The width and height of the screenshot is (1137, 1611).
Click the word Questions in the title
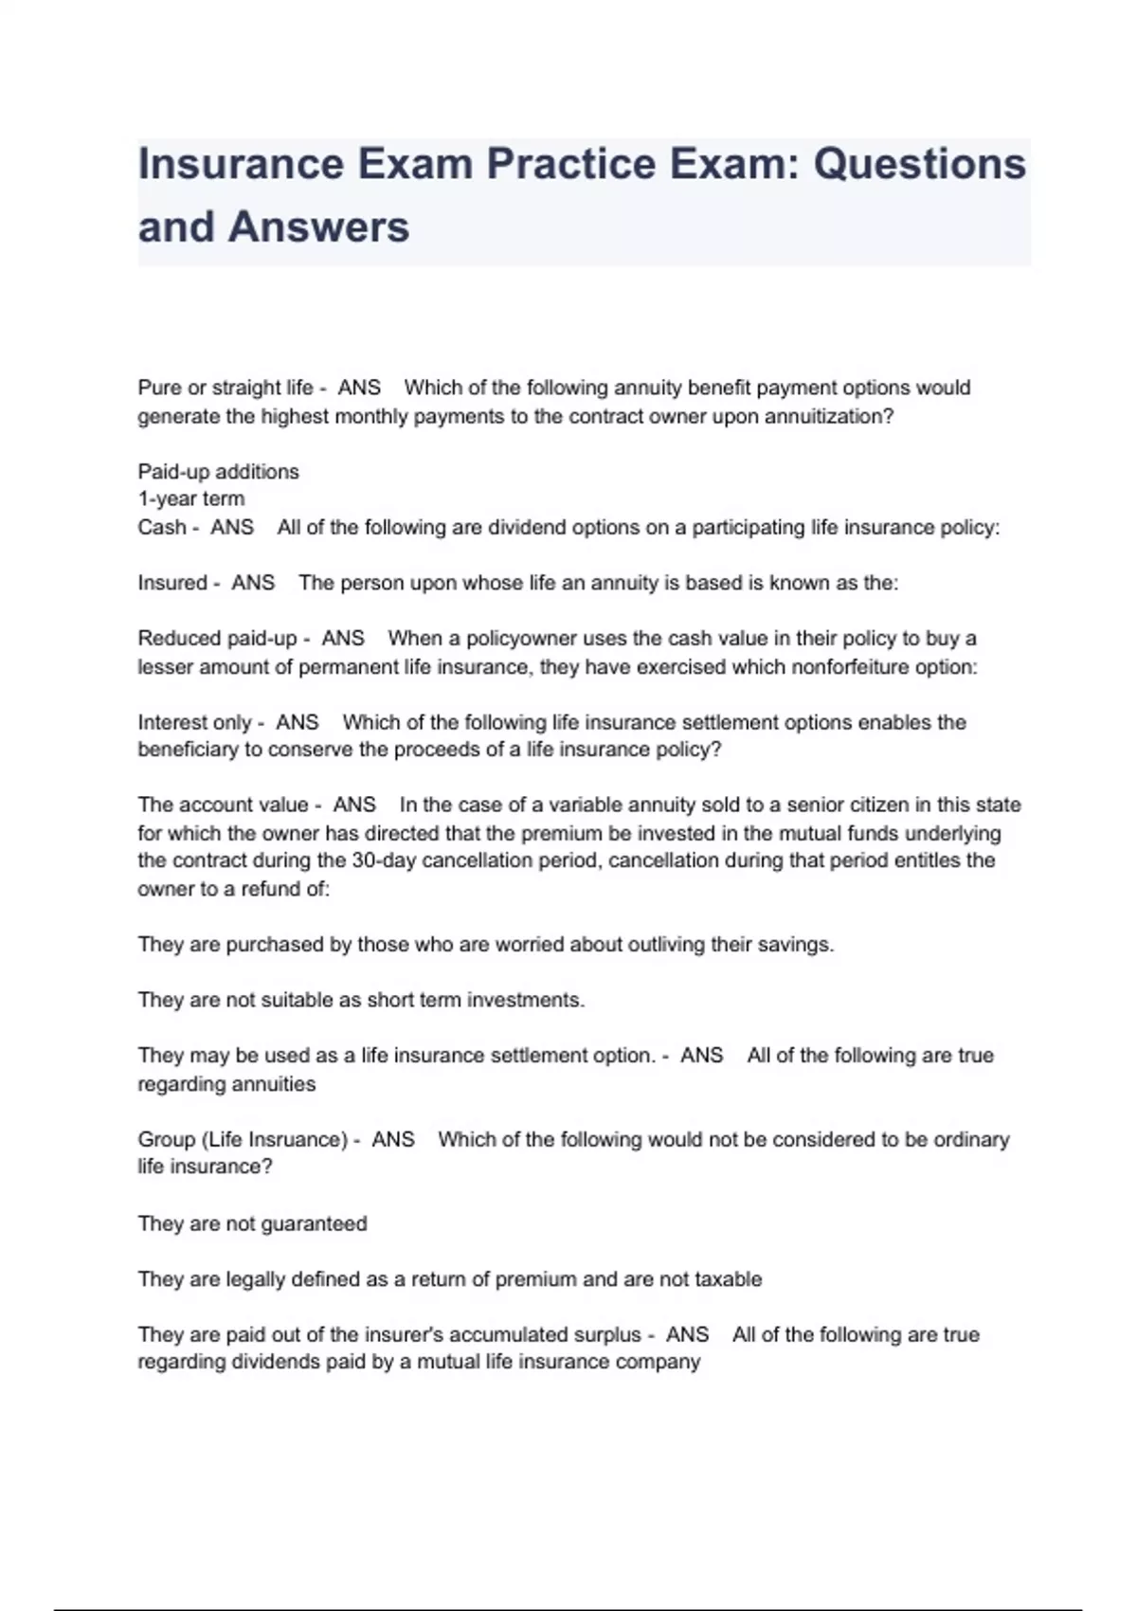point(919,164)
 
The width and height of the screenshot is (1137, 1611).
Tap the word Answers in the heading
point(319,227)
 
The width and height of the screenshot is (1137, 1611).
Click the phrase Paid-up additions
point(218,472)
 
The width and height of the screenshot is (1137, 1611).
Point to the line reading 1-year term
point(190,499)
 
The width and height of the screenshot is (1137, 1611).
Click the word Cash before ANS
point(162,528)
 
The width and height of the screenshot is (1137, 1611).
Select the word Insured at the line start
point(172,583)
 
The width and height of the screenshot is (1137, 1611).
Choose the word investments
point(525,1000)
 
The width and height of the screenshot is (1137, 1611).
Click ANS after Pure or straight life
point(359,388)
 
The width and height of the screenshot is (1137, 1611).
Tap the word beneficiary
point(188,750)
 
